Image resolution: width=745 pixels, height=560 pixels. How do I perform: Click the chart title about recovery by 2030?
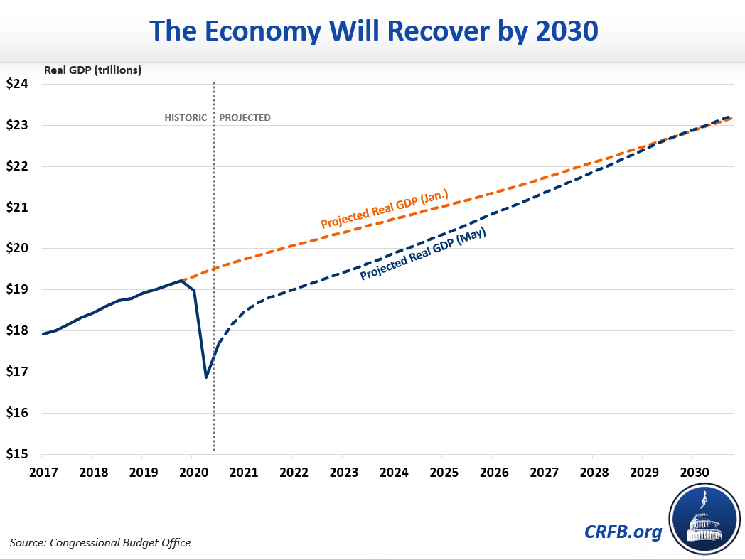click(x=372, y=31)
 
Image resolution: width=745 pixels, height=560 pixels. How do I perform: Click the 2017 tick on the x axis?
click(x=42, y=471)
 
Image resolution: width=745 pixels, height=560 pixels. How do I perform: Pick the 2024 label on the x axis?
click(x=392, y=471)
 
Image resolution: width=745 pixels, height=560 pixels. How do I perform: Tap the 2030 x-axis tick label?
click(x=692, y=471)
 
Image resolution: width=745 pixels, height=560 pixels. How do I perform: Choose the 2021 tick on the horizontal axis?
click(x=242, y=471)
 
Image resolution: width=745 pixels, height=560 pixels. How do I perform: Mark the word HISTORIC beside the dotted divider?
click(x=186, y=117)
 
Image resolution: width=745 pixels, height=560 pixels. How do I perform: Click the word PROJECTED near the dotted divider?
click(x=245, y=117)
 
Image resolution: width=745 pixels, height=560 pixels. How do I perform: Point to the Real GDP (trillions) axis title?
click(x=92, y=70)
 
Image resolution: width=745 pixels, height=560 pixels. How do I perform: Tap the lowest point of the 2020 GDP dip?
click(x=206, y=377)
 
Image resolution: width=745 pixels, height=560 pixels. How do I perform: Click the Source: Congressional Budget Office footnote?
click(x=100, y=543)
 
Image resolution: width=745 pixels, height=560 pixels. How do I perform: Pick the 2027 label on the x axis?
click(x=542, y=471)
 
